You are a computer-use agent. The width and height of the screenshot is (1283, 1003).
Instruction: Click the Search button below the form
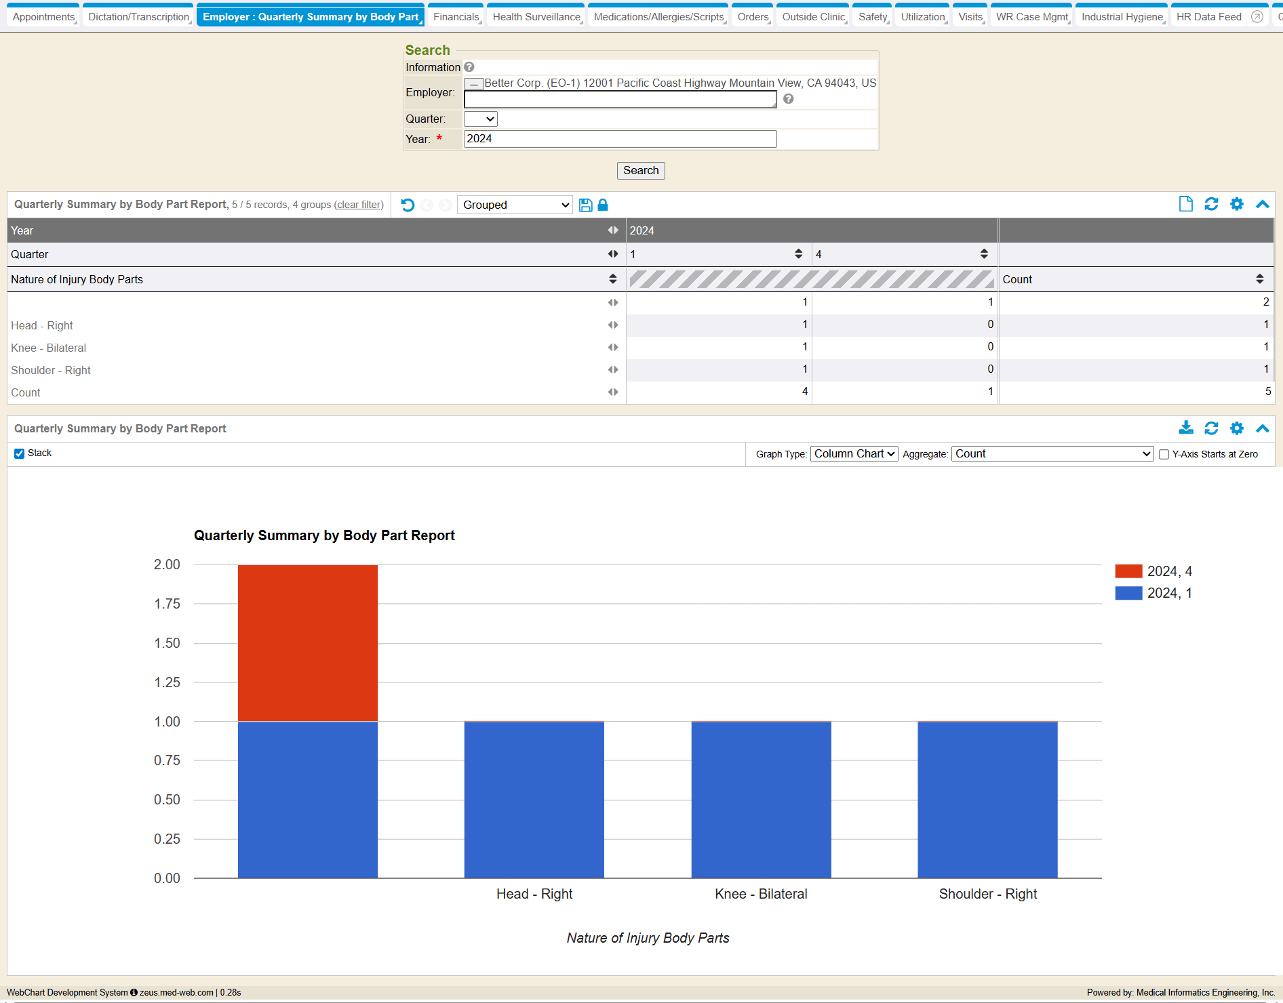[640, 171]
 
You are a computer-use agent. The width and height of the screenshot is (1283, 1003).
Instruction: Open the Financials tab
[456, 17]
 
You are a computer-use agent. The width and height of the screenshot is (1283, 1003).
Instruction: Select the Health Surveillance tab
[536, 17]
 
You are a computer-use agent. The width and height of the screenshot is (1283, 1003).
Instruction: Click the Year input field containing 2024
[620, 139]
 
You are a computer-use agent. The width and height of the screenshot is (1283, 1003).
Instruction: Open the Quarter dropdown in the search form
[480, 119]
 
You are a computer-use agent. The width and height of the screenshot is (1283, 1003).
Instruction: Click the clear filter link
[359, 205]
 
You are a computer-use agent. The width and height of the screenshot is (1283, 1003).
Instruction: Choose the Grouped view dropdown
[515, 205]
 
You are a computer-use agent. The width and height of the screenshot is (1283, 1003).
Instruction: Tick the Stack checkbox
[20, 453]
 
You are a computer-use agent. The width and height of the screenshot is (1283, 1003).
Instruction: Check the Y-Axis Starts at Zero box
[1164, 455]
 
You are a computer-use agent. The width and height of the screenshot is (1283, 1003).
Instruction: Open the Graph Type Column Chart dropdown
[854, 454]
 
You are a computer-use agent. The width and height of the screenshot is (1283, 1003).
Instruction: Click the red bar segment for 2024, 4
[308, 642]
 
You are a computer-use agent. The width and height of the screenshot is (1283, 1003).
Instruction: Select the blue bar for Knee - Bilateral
[761, 800]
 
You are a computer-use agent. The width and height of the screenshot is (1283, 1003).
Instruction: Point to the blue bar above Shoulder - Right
[987, 800]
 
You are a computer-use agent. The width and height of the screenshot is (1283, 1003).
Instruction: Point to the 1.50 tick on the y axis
[167, 643]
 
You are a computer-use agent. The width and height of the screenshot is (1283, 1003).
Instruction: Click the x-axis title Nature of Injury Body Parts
[648, 938]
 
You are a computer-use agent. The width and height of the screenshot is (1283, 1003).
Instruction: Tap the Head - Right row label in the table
[42, 325]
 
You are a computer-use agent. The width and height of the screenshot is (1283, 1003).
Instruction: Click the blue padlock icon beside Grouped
[603, 205]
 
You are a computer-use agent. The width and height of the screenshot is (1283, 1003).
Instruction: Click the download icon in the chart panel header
[1185, 428]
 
